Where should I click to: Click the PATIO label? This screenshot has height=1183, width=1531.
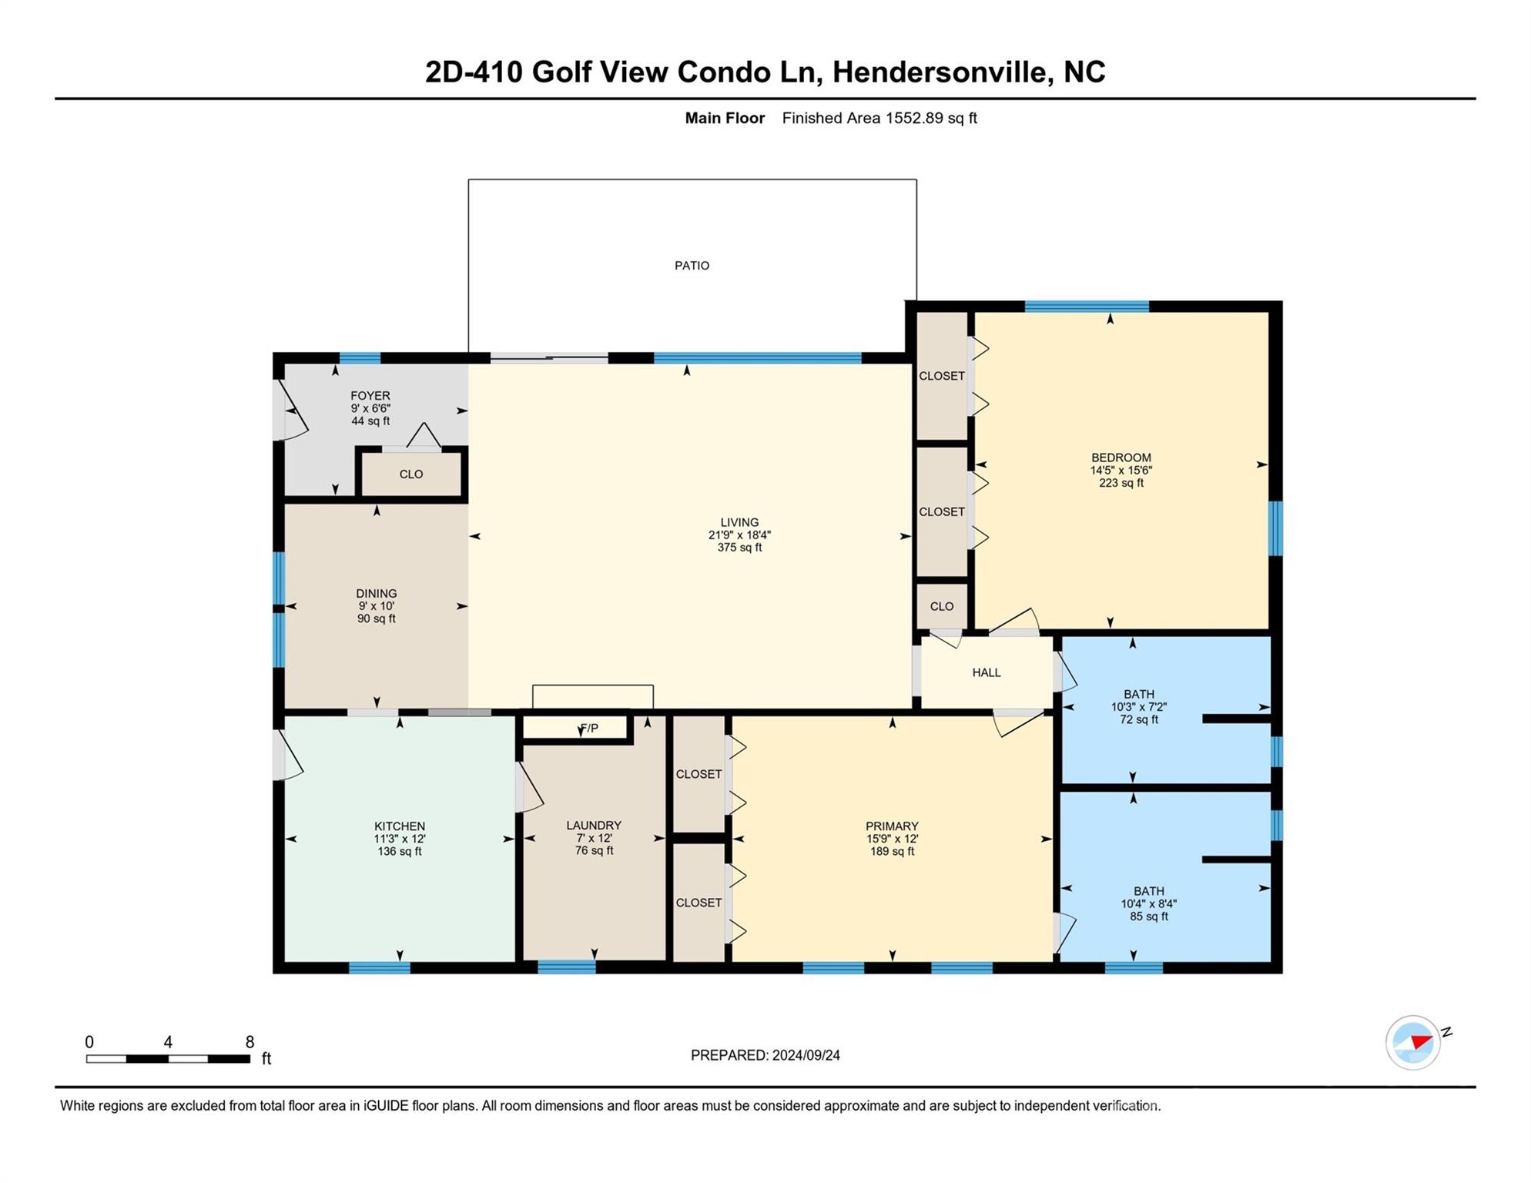(692, 266)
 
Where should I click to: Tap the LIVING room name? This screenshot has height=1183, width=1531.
(739, 522)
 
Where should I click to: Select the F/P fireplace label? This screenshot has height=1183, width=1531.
(589, 728)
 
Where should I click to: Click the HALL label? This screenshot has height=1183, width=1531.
(986, 672)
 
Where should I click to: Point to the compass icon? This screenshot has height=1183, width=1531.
(1413, 1042)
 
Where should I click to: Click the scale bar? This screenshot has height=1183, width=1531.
(168, 1059)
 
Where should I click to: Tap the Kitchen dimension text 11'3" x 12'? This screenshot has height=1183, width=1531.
(400, 839)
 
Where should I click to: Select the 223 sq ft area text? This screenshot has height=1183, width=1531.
(1121, 483)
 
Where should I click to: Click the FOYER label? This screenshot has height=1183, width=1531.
(370, 396)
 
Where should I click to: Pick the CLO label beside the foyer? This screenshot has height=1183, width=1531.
(411, 474)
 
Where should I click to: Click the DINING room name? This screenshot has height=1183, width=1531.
(376, 593)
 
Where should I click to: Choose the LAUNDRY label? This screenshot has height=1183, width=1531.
(594, 825)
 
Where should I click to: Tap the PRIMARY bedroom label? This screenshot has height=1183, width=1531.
(892, 826)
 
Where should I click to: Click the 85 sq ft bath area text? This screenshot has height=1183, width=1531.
(1148, 917)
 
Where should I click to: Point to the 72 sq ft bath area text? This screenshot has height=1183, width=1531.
(1138, 719)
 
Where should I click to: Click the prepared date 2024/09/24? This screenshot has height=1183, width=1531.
(806, 1055)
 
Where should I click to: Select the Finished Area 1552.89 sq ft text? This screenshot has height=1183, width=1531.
(879, 118)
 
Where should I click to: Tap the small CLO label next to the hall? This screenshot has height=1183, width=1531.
(942, 606)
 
